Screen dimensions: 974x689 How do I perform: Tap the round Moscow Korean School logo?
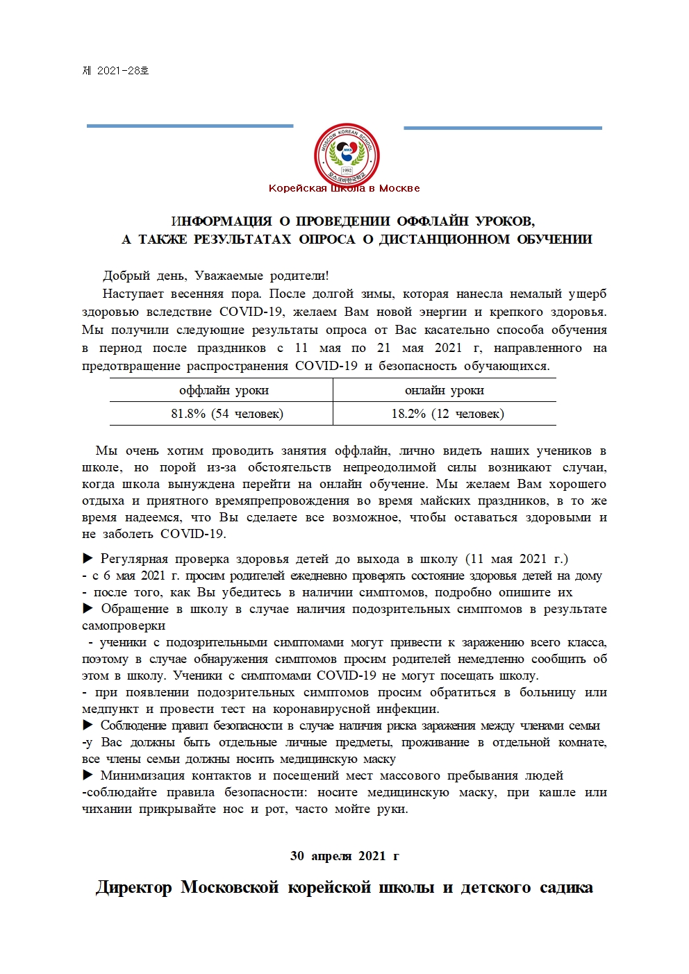coord(347,154)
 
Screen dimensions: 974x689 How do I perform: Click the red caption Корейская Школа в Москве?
coord(344,188)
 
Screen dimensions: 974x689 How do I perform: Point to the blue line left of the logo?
coord(190,126)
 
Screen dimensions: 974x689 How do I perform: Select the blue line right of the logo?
coord(502,128)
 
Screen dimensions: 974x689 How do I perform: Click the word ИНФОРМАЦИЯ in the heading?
coord(222,221)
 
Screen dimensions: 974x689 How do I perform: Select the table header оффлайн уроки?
coord(224,390)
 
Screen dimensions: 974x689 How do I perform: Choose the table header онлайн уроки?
coord(445,390)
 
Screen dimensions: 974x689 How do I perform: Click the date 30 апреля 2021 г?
coord(344,856)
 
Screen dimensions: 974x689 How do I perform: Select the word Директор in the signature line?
coord(133,888)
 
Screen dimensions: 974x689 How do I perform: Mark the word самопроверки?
coord(124,625)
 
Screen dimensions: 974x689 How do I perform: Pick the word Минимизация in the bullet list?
coord(142,775)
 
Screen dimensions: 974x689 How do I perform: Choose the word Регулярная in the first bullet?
coord(134,559)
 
